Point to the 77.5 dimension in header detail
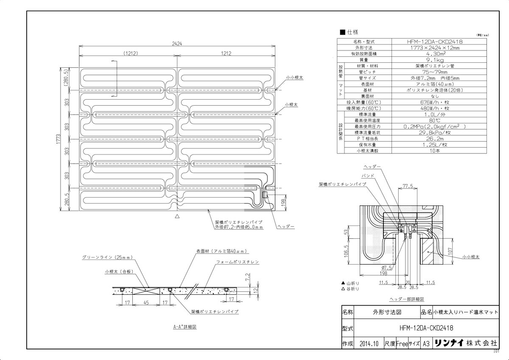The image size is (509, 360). pos(408,185)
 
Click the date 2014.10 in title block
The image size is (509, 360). pos(368,344)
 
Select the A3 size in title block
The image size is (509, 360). pos(426,344)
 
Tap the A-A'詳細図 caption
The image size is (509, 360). pos(185,327)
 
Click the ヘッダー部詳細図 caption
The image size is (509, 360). pos(407,299)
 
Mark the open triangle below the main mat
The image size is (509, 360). pos(177,216)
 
